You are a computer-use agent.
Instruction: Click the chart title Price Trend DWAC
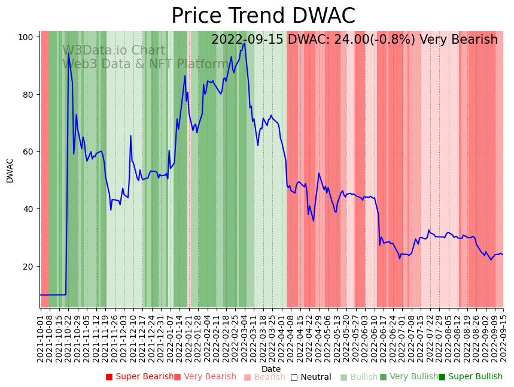pyautogui.click(x=263, y=16)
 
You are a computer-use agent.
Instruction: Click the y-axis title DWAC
pyautogui.click(x=10, y=170)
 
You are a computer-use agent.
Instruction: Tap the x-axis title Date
pyautogui.click(x=271, y=369)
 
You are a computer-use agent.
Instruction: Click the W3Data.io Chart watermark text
pyautogui.click(x=114, y=51)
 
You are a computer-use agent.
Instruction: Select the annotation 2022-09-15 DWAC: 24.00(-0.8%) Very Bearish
pyautogui.click(x=354, y=40)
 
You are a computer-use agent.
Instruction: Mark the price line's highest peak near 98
pyautogui.click(x=244, y=43)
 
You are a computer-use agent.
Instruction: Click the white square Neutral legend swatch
pyautogui.click(x=294, y=377)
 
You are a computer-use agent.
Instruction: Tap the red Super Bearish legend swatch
pyautogui.click(x=109, y=377)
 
